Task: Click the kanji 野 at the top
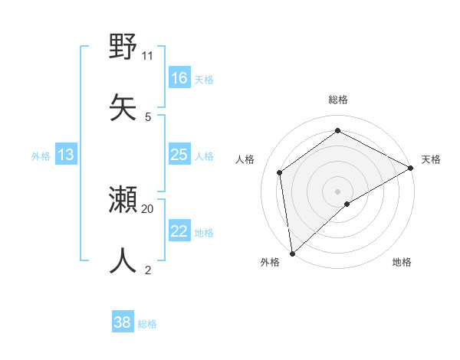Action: click(x=123, y=47)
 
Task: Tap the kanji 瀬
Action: click(x=123, y=200)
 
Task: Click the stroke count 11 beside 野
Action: click(x=148, y=55)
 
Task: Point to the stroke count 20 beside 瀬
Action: click(x=148, y=208)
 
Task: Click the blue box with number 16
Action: click(x=179, y=78)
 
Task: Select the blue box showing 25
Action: click(x=179, y=155)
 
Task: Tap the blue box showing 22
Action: click(x=179, y=231)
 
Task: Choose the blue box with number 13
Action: click(x=66, y=155)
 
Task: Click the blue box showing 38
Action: click(x=123, y=322)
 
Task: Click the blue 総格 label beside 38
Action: click(x=147, y=324)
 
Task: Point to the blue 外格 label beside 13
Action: click(x=41, y=156)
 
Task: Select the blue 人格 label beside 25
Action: click(x=204, y=156)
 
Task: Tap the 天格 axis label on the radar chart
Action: click(x=431, y=159)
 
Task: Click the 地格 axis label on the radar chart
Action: click(x=402, y=263)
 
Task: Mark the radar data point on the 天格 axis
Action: click(x=411, y=168)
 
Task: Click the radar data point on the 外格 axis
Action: click(x=292, y=253)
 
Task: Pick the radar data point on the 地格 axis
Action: click(x=347, y=204)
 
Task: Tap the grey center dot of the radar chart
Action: click(x=337, y=190)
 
